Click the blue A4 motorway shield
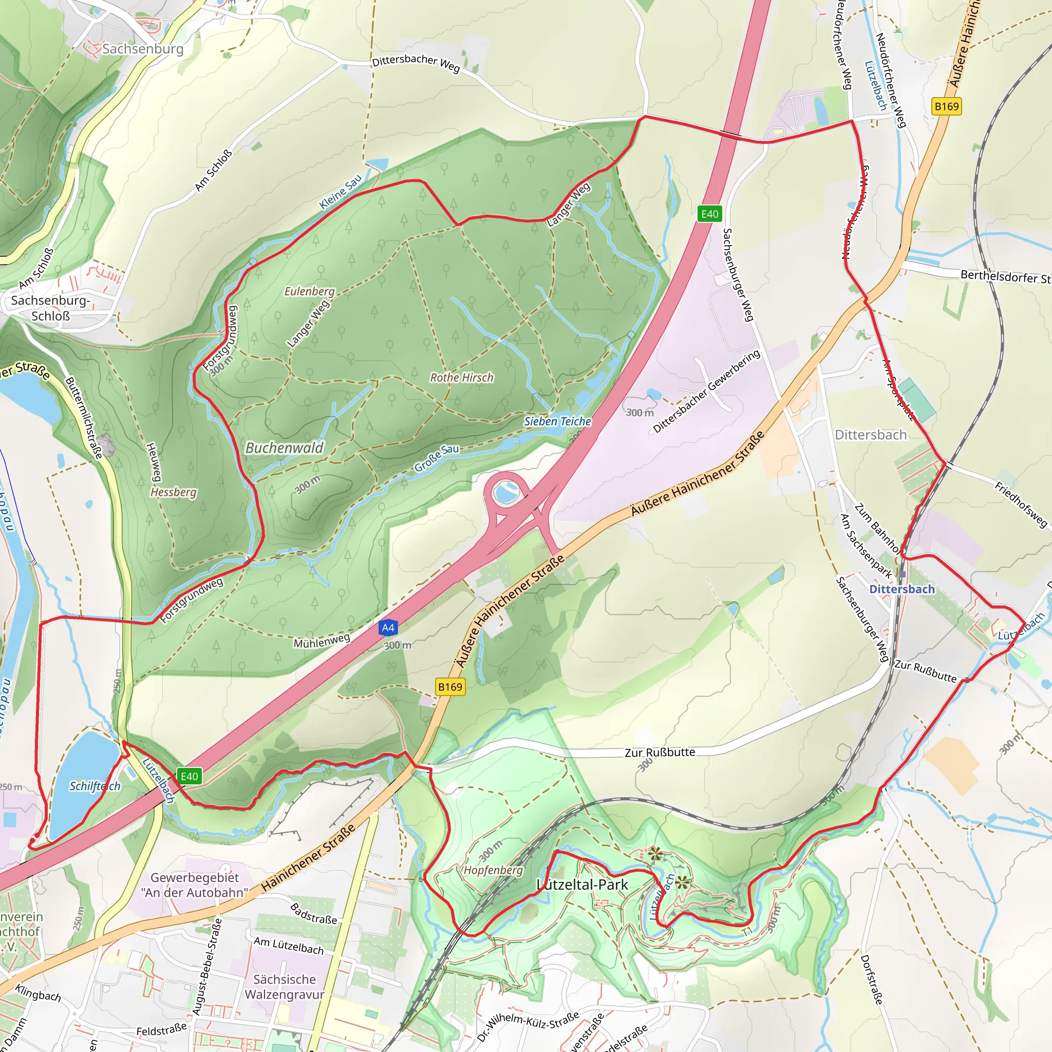[x=388, y=628]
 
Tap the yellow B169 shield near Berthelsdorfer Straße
[x=946, y=106]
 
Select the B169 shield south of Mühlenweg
[x=450, y=687]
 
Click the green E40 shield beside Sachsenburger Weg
[x=709, y=214]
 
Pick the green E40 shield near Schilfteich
[x=189, y=777]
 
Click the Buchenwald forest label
[x=284, y=448]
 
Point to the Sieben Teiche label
[x=557, y=421]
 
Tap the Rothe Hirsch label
[x=462, y=378]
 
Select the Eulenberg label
[x=309, y=291]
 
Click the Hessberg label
[x=173, y=492]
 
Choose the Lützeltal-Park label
[x=582, y=885]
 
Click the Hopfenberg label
[x=493, y=870]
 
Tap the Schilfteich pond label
[x=95, y=786]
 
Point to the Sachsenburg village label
[x=143, y=49]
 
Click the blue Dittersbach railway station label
[x=901, y=589]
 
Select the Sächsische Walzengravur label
[x=284, y=987]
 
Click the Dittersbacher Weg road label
[x=416, y=63]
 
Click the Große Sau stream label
[x=437, y=457]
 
